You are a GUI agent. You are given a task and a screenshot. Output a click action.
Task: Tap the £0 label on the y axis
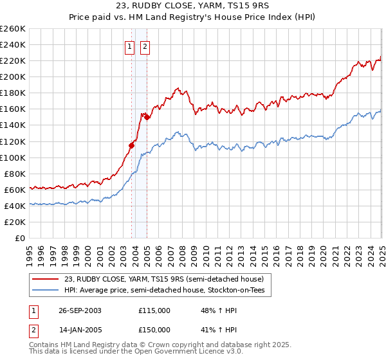[20, 239]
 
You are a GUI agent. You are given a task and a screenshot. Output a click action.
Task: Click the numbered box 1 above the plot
[129, 46]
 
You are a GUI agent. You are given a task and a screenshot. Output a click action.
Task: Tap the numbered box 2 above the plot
[145, 46]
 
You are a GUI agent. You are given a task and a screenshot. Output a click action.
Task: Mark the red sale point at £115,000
[131, 145]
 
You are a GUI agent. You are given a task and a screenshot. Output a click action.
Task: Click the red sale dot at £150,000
[147, 117]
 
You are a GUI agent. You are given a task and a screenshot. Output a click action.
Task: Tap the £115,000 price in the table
[154, 310]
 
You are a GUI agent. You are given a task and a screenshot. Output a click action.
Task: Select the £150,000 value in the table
[154, 329]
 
